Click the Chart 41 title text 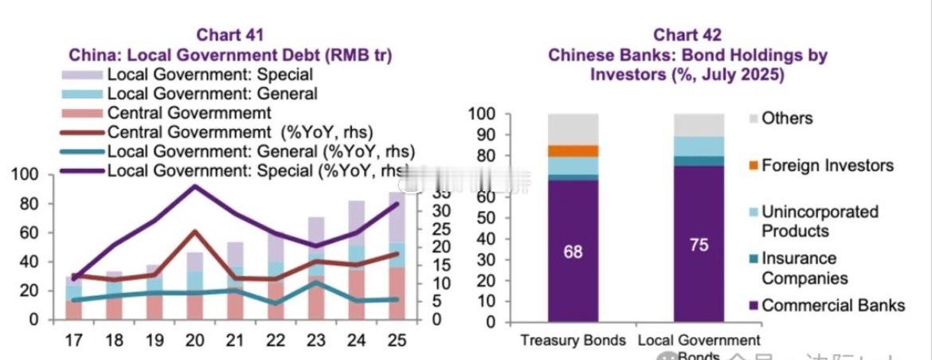[230, 35]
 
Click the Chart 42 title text [687, 35]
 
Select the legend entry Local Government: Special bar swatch [83, 75]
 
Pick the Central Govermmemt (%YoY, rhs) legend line [83, 131]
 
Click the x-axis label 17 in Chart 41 [73, 340]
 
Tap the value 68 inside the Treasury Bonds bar [573, 252]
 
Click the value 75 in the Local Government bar [699, 245]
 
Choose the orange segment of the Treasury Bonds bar [573, 151]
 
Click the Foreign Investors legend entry [827, 166]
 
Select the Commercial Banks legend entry [832, 305]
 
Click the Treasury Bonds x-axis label [573, 341]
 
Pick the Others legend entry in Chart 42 [786, 119]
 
